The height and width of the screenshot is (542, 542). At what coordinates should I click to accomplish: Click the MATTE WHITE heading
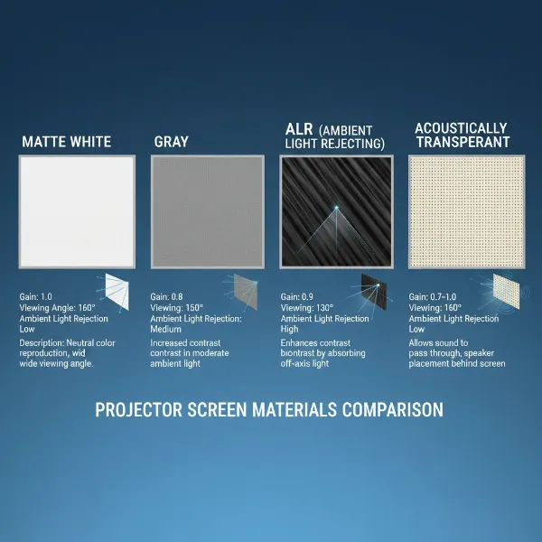[66, 142]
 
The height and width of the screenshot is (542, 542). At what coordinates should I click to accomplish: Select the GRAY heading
[171, 142]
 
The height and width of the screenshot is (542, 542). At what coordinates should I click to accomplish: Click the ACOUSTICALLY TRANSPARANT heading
[460, 135]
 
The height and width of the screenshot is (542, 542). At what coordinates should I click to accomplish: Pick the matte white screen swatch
[77, 210]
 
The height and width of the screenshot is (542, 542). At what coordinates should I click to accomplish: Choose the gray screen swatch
[207, 210]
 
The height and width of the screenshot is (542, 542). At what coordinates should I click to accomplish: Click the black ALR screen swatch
[337, 210]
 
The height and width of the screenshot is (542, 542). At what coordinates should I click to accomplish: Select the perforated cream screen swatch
[466, 210]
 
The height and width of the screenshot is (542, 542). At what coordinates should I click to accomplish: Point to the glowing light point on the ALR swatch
[337, 208]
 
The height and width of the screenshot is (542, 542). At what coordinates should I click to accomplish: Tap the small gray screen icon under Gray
[245, 290]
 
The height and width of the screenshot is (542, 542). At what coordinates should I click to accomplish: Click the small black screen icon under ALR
[373, 290]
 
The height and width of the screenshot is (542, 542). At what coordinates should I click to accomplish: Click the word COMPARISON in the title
[393, 409]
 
